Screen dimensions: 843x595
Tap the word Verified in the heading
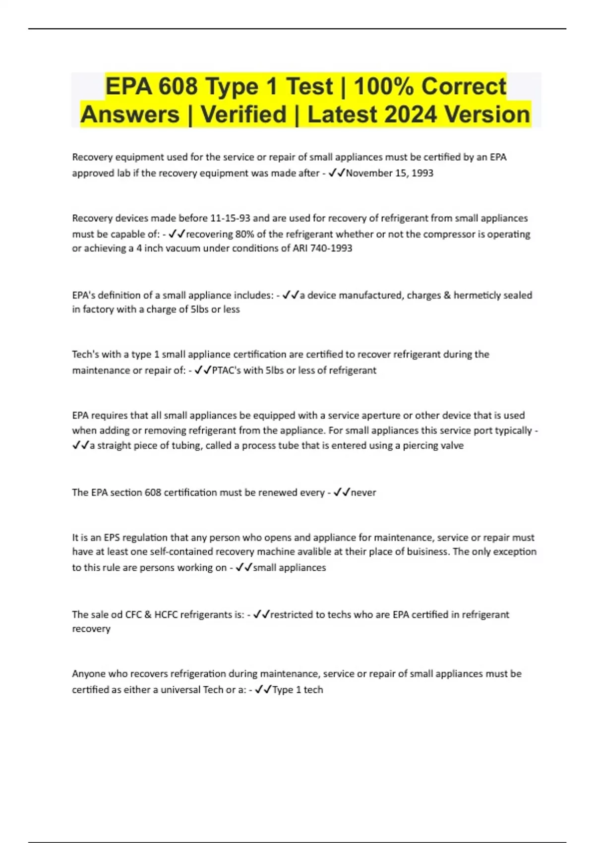(243, 115)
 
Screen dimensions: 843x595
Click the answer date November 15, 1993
(389, 173)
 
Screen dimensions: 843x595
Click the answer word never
(363, 492)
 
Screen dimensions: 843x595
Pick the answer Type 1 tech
(297, 690)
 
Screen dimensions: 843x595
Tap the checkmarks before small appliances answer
(244, 567)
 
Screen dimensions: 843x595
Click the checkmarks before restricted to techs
(261, 615)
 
